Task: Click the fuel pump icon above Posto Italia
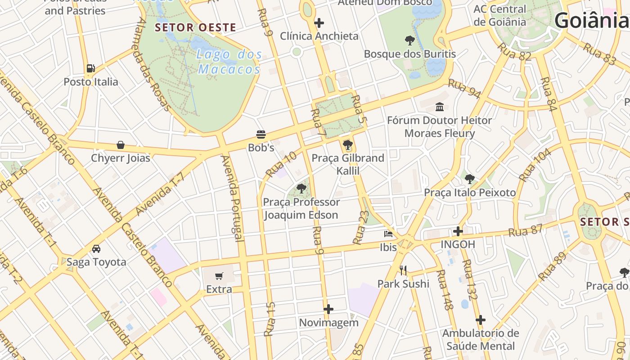(91, 68)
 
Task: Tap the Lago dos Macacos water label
(229, 62)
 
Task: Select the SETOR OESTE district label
(195, 27)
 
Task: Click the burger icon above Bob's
(261, 134)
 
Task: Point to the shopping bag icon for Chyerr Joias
(120, 145)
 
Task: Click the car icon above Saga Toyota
(96, 248)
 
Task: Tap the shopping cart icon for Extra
(219, 276)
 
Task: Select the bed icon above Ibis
(388, 234)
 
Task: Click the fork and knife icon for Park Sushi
(403, 270)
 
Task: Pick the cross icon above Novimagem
(328, 309)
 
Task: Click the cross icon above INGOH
(458, 231)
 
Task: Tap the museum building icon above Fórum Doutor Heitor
(440, 107)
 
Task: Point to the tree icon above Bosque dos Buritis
(409, 40)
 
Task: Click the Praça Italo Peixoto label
(470, 193)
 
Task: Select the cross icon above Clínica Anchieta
(319, 22)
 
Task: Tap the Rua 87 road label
(526, 230)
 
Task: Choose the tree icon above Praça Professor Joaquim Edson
(301, 189)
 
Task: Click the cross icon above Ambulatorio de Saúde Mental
(481, 320)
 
